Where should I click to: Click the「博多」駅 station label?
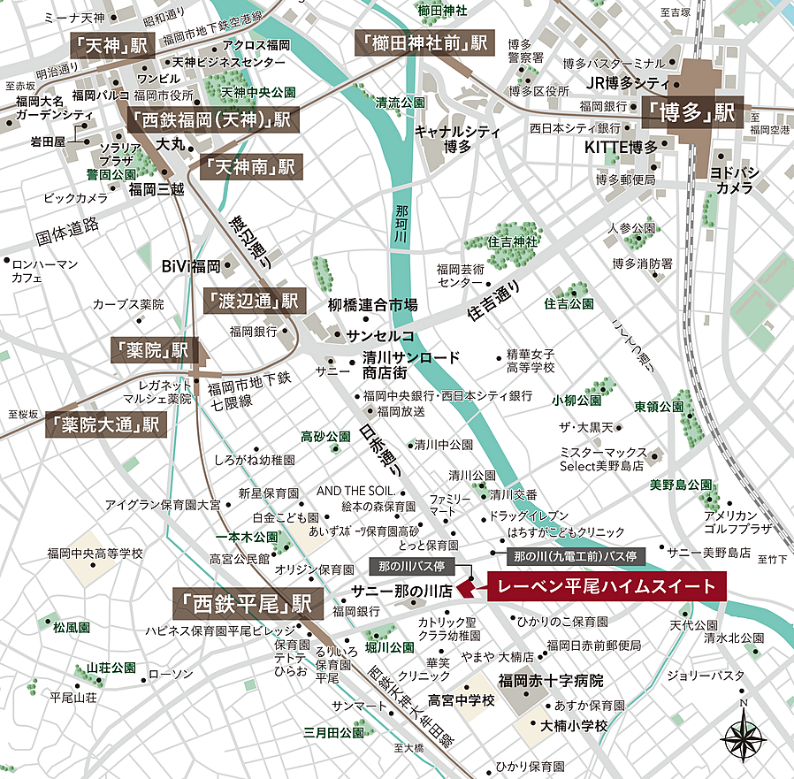point(691,113)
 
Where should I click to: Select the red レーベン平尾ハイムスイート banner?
point(606,586)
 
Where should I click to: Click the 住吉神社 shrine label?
point(513,241)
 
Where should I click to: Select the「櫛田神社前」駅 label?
point(423,42)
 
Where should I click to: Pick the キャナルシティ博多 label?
point(456,138)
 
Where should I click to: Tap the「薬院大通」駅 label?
point(106,424)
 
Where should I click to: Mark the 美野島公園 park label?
point(681,485)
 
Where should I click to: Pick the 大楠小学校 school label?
point(575,725)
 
